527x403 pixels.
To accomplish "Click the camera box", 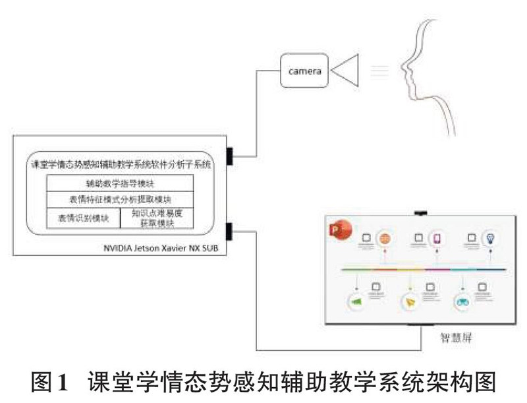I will tap(304, 71).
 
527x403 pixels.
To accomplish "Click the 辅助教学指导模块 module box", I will tap(120, 183).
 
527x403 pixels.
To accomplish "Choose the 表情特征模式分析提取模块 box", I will tap(120, 199).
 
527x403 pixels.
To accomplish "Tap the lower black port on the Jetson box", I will tap(230, 232).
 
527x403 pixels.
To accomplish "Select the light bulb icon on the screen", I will tap(490, 237).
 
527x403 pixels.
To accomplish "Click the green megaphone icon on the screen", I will tap(356, 301).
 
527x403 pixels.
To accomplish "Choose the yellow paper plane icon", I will tap(410, 302).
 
